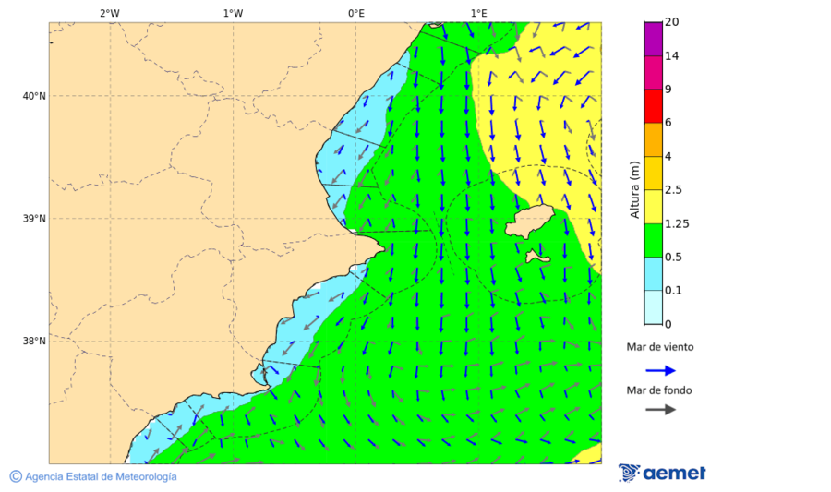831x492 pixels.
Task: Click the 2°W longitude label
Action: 110,13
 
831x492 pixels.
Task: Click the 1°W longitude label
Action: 233,13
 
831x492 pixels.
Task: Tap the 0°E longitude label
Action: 355,13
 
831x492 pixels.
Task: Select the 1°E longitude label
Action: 478,13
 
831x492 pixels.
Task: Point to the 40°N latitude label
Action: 33,96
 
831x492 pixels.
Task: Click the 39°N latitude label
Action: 33,219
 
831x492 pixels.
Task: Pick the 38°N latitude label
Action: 33,342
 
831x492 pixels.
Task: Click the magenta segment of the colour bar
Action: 653,39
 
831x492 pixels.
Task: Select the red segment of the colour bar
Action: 653,105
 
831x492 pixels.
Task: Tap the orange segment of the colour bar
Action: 653,139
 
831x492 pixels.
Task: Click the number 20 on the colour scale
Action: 672,22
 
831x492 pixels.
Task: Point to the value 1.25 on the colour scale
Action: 678,223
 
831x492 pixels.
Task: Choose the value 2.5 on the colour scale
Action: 675,190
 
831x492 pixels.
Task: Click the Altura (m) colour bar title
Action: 635,189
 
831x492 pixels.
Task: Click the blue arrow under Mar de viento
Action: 660,370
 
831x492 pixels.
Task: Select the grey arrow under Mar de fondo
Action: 660,410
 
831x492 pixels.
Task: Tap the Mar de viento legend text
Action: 659,348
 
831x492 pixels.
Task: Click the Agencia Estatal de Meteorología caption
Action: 101,476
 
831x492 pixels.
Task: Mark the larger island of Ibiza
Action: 530,222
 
